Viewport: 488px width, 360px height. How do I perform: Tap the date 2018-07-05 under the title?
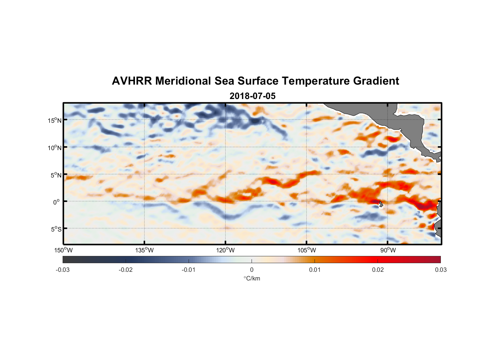click(x=252, y=96)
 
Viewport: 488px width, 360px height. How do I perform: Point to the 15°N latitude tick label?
click(x=54, y=121)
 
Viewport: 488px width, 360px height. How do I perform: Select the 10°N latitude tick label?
click(x=54, y=148)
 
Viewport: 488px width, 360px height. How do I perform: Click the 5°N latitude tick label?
click(x=56, y=175)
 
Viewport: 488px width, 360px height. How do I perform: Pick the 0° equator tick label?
click(x=57, y=202)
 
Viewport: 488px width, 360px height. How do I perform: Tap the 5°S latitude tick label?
click(x=56, y=229)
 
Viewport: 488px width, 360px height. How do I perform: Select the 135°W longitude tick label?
click(x=145, y=250)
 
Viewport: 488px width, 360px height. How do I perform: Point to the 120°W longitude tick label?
click(x=226, y=250)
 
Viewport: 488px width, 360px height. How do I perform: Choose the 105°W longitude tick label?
click(x=307, y=250)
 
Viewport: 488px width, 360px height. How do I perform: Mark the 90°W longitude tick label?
click(x=388, y=250)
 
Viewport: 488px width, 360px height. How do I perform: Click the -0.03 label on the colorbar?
click(x=63, y=270)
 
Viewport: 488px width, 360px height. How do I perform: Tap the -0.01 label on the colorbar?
click(x=189, y=270)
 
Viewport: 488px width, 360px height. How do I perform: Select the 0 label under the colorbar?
click(x=252, y=270)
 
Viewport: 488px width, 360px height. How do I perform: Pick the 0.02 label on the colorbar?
click(x=378, y=270)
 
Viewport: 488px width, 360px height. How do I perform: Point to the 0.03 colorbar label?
click(x=440, y=270)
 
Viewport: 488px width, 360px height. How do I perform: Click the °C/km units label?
click(x=252, y=278)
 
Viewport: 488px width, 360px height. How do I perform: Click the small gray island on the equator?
click(x=381, y=204)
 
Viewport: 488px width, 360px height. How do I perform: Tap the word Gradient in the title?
click(x=376, y=81)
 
